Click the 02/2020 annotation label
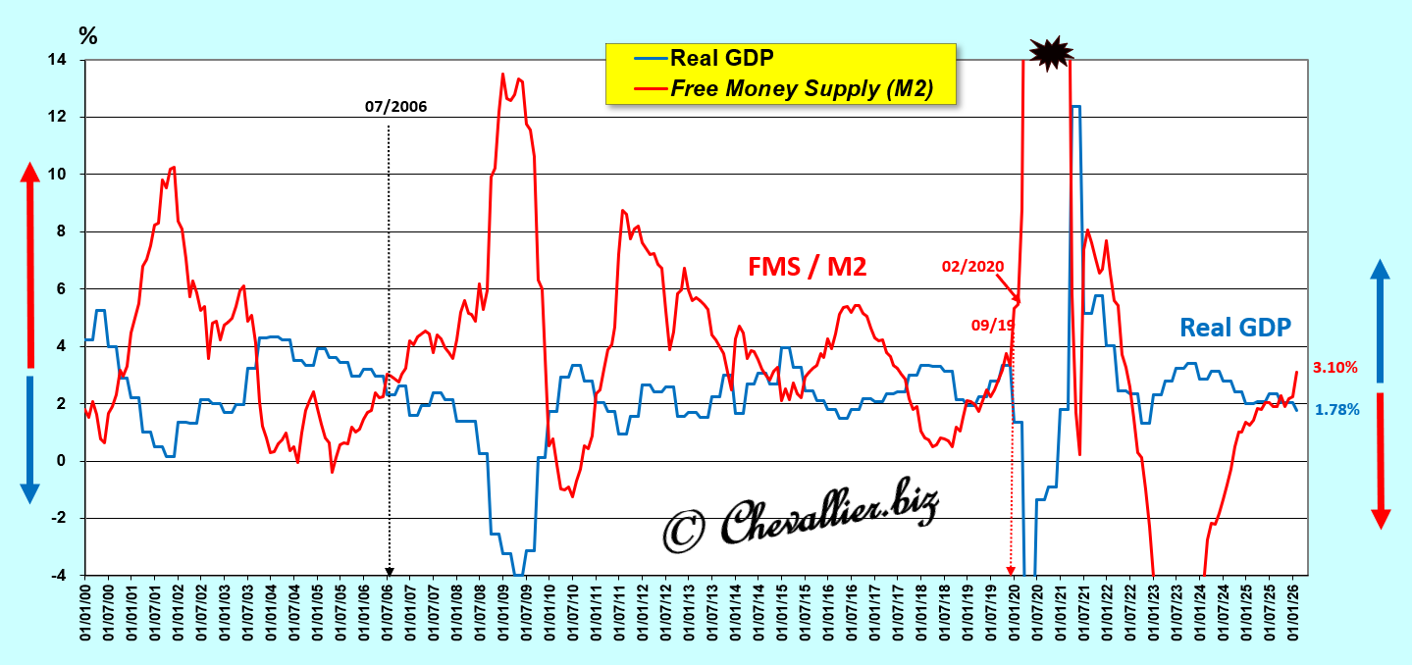pyautogui.click(x=972, y=266)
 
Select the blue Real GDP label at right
pyautogui.click(x=1234, y=327)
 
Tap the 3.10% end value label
pyautogui.click(x=1335, y=368)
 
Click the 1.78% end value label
pyautogui.click(x=1335, y=410)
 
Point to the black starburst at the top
pyautogui.click(x=1050, y=54)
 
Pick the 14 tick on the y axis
pyautogui.click(x=59, y=60)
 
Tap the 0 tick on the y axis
pyautogui.click(x=63, y=461)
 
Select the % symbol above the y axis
pyautogui.click(x=88, y=37)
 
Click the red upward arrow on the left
pyautogui.click(x=29, y=265)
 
